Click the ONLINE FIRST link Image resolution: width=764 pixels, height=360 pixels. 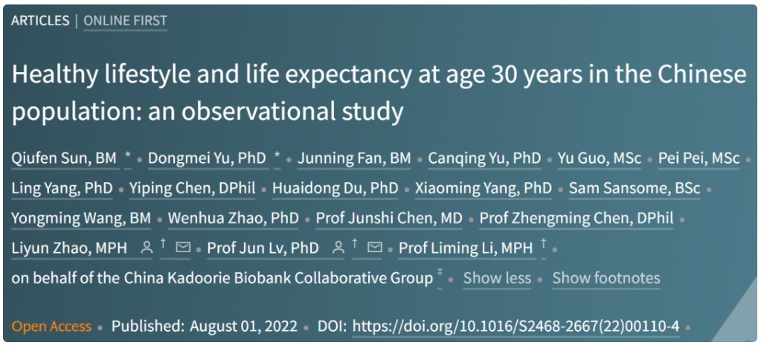click(125, 21)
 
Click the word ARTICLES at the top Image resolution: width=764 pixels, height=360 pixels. click(40, 21)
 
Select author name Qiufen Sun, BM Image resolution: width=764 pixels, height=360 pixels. click(64, 158)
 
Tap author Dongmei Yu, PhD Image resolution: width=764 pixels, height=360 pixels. click(207, 158)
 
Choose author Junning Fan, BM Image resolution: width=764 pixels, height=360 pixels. click(354, 158)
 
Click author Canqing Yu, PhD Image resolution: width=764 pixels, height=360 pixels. click(485, 158)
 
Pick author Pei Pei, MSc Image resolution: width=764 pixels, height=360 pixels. click(699, 158)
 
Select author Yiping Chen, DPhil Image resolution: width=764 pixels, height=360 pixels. click(193, 188)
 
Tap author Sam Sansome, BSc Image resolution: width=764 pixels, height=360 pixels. click(635, 188)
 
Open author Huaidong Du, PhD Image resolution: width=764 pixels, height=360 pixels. click(336, 188)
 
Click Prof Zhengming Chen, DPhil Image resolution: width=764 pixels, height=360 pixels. click(577, 219)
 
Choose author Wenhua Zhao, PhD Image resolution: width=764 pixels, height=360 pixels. click(234, 219)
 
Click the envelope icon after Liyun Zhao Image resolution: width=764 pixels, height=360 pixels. click(183, 248)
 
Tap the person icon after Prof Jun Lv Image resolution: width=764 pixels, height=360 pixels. click(338, 248)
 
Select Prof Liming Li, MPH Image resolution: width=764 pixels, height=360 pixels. click(466, 248)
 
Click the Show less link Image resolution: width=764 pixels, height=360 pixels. click(497, 278)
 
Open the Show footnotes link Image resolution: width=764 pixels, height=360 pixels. click(606, 278)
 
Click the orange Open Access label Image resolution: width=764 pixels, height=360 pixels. click(51, 326)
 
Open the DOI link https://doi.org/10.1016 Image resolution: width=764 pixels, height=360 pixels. click(516, 326)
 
